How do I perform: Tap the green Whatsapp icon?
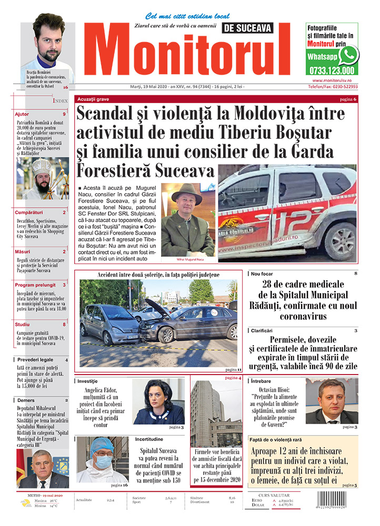348,55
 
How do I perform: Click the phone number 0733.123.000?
332,70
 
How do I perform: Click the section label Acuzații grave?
93,99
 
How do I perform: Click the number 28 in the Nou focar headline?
268,285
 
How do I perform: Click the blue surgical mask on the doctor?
103,461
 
